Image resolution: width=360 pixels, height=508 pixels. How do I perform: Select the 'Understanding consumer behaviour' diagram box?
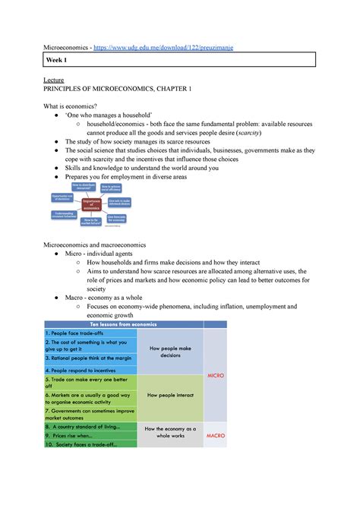(x=67, y=216)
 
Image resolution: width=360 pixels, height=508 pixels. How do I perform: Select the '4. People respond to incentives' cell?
(x=85, y=370)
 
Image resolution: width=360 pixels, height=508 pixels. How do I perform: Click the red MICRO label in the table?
(x=215, y=375)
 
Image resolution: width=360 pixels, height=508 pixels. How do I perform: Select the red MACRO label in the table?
(x=215, y=436)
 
